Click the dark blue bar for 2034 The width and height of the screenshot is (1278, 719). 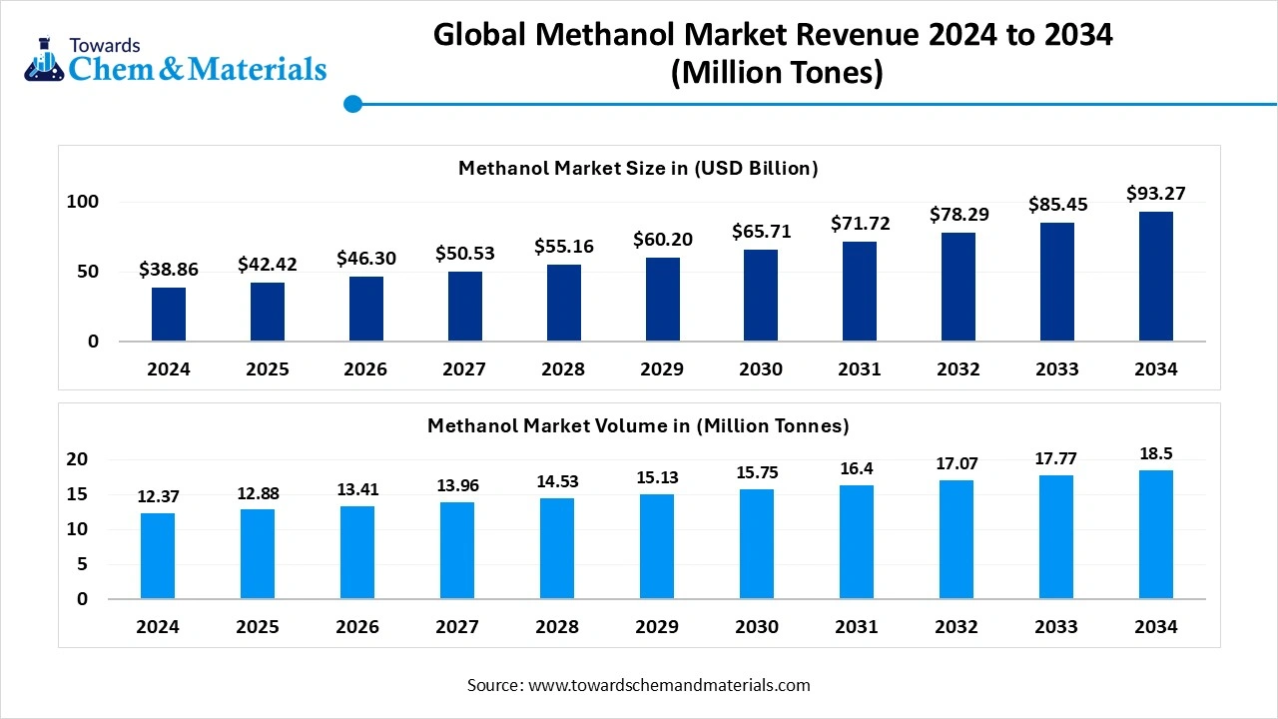[x=1155, y=277]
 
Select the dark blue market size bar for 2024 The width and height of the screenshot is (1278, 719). [x=169, y=315]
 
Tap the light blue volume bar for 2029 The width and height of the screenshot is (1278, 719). [x=657, y=546]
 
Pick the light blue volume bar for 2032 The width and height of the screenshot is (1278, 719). [x=956, y=539]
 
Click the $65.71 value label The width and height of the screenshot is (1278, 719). [x=761, y=232]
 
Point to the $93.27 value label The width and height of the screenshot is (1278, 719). [x=1155, y=194]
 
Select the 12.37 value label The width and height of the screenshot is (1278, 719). [x=158, y=496]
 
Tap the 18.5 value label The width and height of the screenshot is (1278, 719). [x=1155, y=453]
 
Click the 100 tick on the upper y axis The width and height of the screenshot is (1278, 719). [x=83, y=202]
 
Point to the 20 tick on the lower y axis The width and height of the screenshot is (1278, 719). [x=78, y=459]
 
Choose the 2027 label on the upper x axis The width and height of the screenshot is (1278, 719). [x=464, y=369]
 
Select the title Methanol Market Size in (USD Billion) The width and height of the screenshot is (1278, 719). [x=638, y=168]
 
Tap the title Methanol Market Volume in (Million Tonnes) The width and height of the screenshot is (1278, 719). [x=638, y=425]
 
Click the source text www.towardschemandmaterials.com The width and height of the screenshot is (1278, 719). [x=668, y=685]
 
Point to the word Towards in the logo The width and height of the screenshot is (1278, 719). [x=105, y=45]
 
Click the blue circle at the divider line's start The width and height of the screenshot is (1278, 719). [x=351, y=103]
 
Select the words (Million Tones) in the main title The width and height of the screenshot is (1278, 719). [x=776, y=74]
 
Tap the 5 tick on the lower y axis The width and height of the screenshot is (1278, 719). [x=83, y=564]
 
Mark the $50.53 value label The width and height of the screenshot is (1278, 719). [x=464, y=254]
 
